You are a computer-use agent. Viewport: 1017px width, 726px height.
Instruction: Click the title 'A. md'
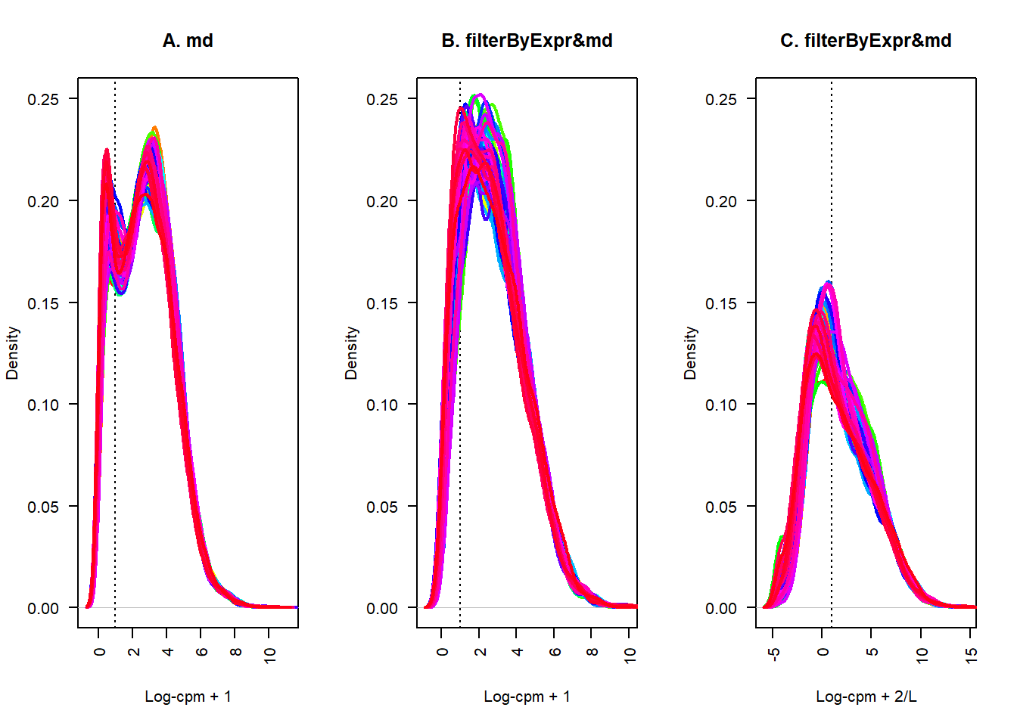(x=188, y=41)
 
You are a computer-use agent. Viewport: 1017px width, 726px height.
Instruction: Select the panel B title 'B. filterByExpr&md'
(x=527, y=41)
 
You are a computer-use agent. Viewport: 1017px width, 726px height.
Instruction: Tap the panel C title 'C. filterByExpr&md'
(x=866, y=41)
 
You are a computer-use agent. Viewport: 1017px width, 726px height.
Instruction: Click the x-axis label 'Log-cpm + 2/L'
(x=866, y=697)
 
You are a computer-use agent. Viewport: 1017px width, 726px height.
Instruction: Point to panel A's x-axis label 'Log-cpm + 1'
(x=188, y=697)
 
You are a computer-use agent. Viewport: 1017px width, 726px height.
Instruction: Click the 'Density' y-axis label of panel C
(x=690, y=352)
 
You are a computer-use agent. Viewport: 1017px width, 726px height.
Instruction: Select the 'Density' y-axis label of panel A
(x=12, y=352)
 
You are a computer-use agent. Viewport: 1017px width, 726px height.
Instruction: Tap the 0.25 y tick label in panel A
(x=43, y=100)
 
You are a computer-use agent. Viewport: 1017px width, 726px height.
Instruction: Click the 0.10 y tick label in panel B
(x=382, y=405)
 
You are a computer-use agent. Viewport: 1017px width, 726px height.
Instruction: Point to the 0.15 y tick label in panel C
(x=721, y=303)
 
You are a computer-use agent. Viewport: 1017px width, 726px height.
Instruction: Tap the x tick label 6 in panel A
(x=201, y=652)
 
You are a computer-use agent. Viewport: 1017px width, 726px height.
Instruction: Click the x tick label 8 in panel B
(x=592, y=652)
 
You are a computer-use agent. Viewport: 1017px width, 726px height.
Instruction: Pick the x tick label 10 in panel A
(x=270, y=655)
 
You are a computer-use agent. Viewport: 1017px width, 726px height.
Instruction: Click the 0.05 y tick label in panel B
(x=382, y=507)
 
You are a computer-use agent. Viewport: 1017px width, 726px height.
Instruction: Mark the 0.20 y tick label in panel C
(x=721, y=202)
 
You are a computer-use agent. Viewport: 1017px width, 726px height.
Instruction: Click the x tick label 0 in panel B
(x=442, y=652)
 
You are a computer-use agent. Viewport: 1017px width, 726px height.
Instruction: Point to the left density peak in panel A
(x=107, y=150)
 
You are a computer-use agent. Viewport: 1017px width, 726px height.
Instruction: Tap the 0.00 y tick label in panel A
(x=43, y=609)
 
